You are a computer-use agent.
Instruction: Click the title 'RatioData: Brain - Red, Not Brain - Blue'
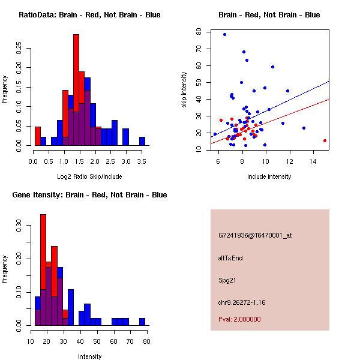point(89,15)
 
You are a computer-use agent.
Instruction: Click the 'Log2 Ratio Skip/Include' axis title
point(89,176)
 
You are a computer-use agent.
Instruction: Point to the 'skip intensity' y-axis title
point(185,90)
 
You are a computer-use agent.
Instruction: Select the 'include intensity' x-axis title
point(269,176)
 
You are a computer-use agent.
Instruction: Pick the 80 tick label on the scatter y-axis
point(199,32)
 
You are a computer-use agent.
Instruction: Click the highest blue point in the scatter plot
point(224,35)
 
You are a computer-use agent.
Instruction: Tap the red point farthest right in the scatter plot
point(325,140)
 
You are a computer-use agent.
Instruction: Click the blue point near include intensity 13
point(304,128)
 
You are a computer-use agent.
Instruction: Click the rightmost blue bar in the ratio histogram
point(142,141)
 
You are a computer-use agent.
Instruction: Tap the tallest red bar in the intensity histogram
point(43,270)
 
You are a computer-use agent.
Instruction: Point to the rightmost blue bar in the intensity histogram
point(142,322)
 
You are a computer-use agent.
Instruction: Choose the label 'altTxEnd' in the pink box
point(230,258)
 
